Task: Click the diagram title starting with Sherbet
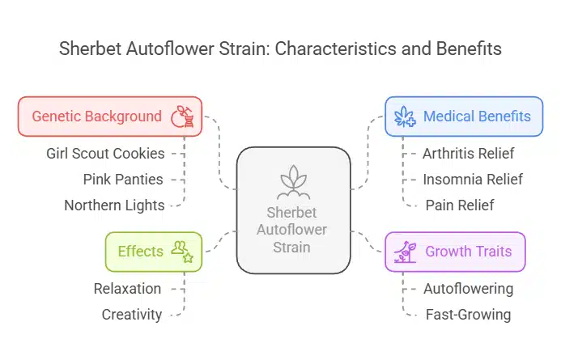point(280,49)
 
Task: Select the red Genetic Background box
point(109,116)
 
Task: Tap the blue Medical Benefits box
point(463,116)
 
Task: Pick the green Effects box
point(154,252)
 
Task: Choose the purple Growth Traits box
point(454,252)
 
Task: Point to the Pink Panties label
point(124,179)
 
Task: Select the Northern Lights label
point(114,205)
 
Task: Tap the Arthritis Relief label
point(468,153)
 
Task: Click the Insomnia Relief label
point(472,179)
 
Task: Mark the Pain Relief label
point(459,205)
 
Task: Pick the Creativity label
point(131,314)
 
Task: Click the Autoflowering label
point(468,288)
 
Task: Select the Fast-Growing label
point(467,314)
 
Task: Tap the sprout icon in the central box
point(293,182)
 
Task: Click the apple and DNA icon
point(182,116)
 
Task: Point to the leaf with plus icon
point(405,116)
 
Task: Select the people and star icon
point(182,252)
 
